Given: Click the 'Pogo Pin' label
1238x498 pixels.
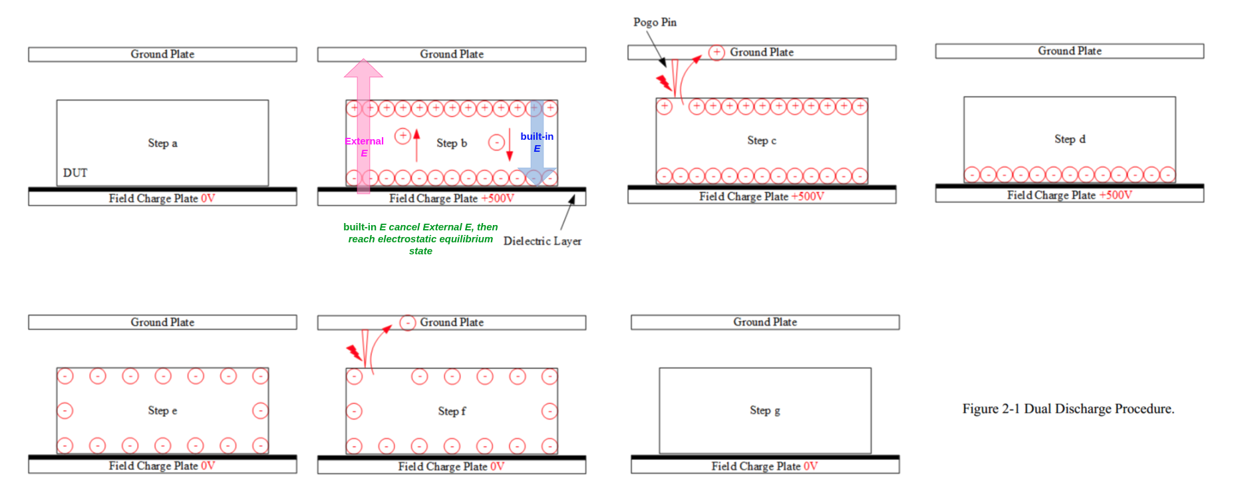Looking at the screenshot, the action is point(655,22).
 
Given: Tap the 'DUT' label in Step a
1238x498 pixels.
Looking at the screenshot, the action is point(75,172).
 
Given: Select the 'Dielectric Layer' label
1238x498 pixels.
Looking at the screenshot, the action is point(542,241).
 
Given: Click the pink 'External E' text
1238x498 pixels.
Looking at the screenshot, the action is point(364,147).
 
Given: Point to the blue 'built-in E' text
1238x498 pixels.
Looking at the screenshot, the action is point(537,142).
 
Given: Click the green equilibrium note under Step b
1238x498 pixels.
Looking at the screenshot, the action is point(420,239).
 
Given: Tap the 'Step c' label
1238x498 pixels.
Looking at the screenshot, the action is point(762,140).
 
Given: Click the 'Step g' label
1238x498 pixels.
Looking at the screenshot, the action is point(765,410).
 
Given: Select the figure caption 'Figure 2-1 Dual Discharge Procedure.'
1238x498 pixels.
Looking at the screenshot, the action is point(1068,409).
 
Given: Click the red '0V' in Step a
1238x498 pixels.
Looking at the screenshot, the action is point(208,198).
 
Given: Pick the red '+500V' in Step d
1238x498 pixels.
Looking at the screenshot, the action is point(1116,195).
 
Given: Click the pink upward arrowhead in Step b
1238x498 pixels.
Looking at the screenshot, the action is point(363,68).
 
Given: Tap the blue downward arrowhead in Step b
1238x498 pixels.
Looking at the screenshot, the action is point(537,177).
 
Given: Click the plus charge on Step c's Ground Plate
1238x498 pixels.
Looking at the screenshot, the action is point(716,53).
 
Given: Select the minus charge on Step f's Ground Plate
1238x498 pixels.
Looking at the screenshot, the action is point(408,323).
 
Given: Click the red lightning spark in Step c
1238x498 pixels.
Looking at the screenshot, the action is point(664,83).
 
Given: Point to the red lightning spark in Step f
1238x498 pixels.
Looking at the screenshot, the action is point(354,352).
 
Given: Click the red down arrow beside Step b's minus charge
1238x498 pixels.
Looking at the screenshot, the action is point(510,144).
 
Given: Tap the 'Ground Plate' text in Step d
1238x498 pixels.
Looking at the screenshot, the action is point(1070,51).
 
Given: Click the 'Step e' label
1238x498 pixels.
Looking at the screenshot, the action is point(162,411).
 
